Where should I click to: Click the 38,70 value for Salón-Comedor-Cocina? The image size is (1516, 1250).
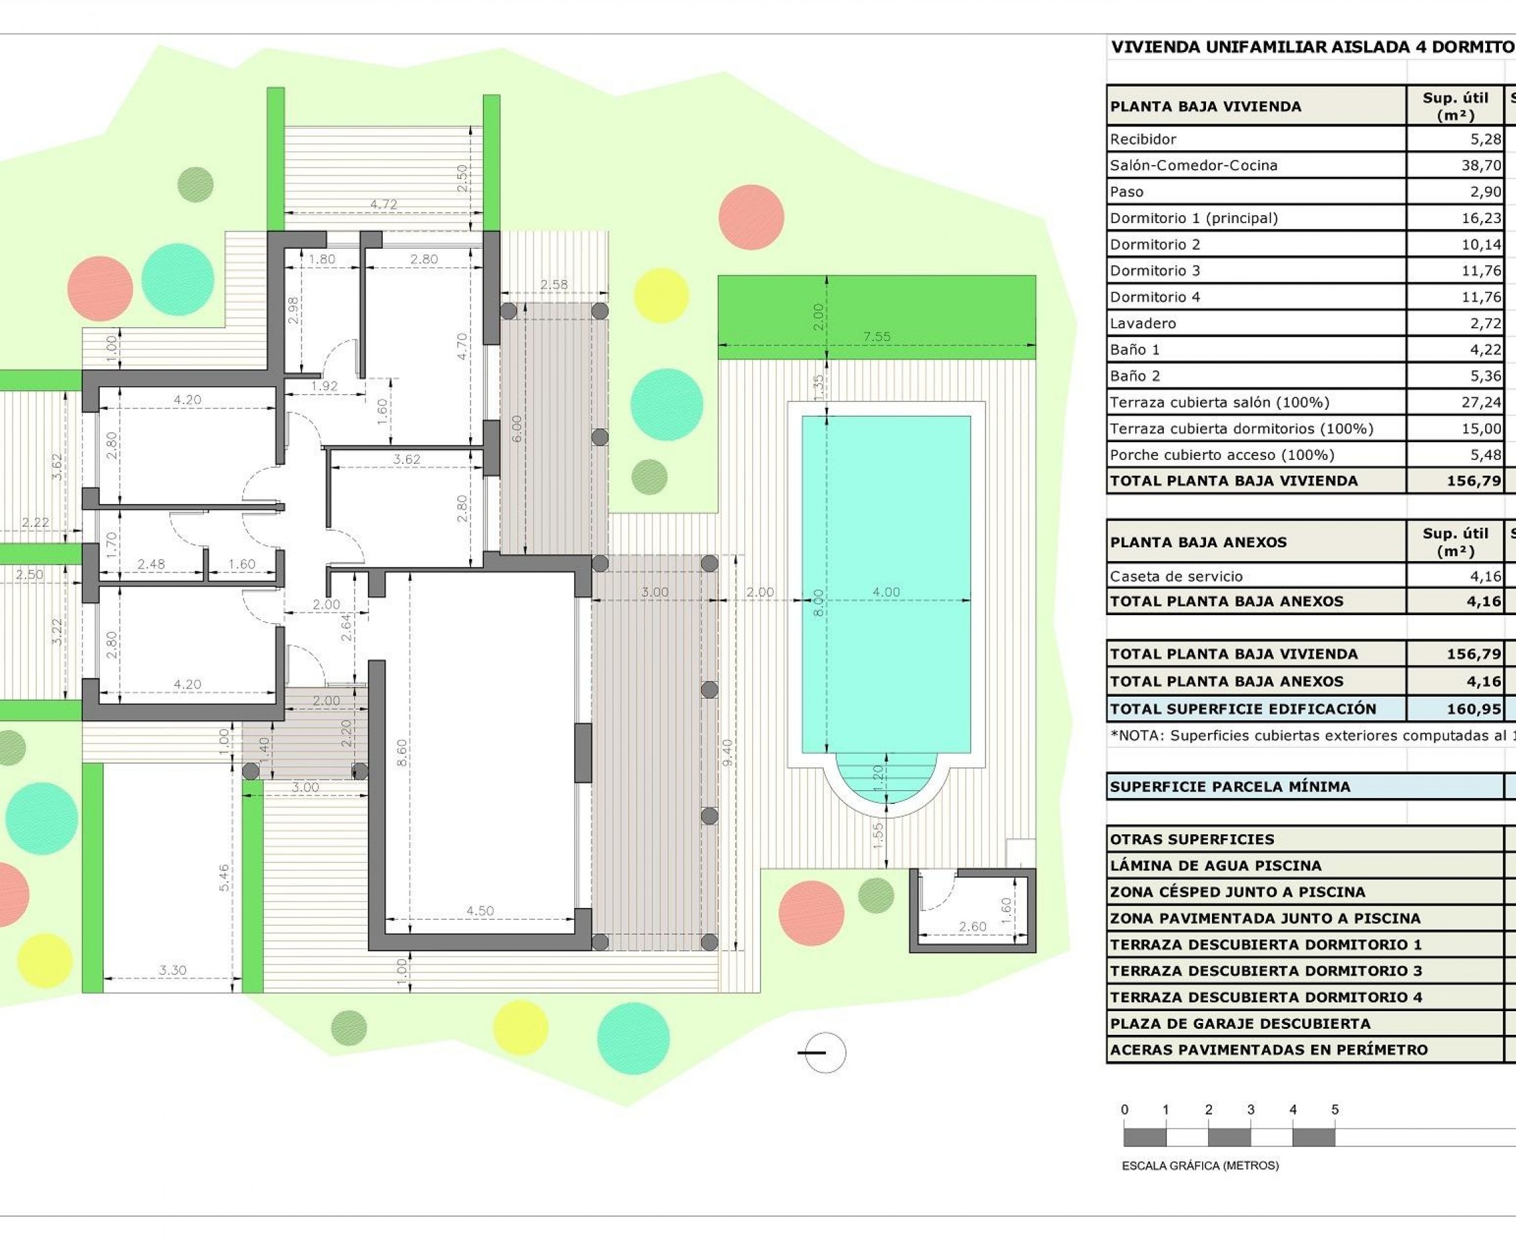tap(1480, 165)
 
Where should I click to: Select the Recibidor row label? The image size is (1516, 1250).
tap(1143, 139)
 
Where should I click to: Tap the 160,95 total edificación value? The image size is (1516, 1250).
tap(1473, 709)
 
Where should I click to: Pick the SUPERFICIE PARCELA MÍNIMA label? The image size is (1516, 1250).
tap(1229, 786)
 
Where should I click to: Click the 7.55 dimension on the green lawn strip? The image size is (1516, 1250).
tap(876, 336)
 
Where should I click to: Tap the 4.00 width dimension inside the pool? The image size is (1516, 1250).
tap(886, 592)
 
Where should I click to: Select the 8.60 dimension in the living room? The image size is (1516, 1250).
tap(402, 753)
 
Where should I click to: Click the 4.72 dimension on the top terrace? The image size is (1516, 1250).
tap(383, 204)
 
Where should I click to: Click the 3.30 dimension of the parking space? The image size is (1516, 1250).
tap(173, 970)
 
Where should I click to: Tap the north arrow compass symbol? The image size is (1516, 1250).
tap(824, 1053)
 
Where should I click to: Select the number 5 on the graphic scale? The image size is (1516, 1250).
tap(1334, 1110)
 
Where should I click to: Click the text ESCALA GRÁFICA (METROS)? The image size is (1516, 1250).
tap(1200, 1165)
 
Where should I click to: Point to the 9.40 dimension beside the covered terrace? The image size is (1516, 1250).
tap(727, 753)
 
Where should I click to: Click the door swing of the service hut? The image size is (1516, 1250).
tap(937, 890)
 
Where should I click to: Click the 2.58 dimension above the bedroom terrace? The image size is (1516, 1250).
tap(554, 284)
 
